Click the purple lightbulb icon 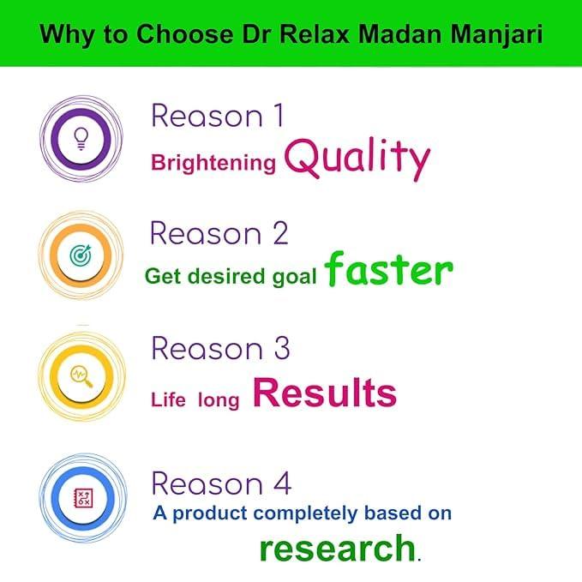pos(82,135)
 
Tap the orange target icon pos(82,254)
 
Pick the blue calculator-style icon pos(83,496)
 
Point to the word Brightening pos(213,163)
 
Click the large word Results pos(325,393)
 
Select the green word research pos(337,547)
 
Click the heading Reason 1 pos(217,116)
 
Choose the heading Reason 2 pos(219,233)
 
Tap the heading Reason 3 pos(220,349)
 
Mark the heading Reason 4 pos(221,483)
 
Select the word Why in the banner pos(63,36)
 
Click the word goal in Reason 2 pos(294,276)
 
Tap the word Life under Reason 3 pos(168,399)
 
